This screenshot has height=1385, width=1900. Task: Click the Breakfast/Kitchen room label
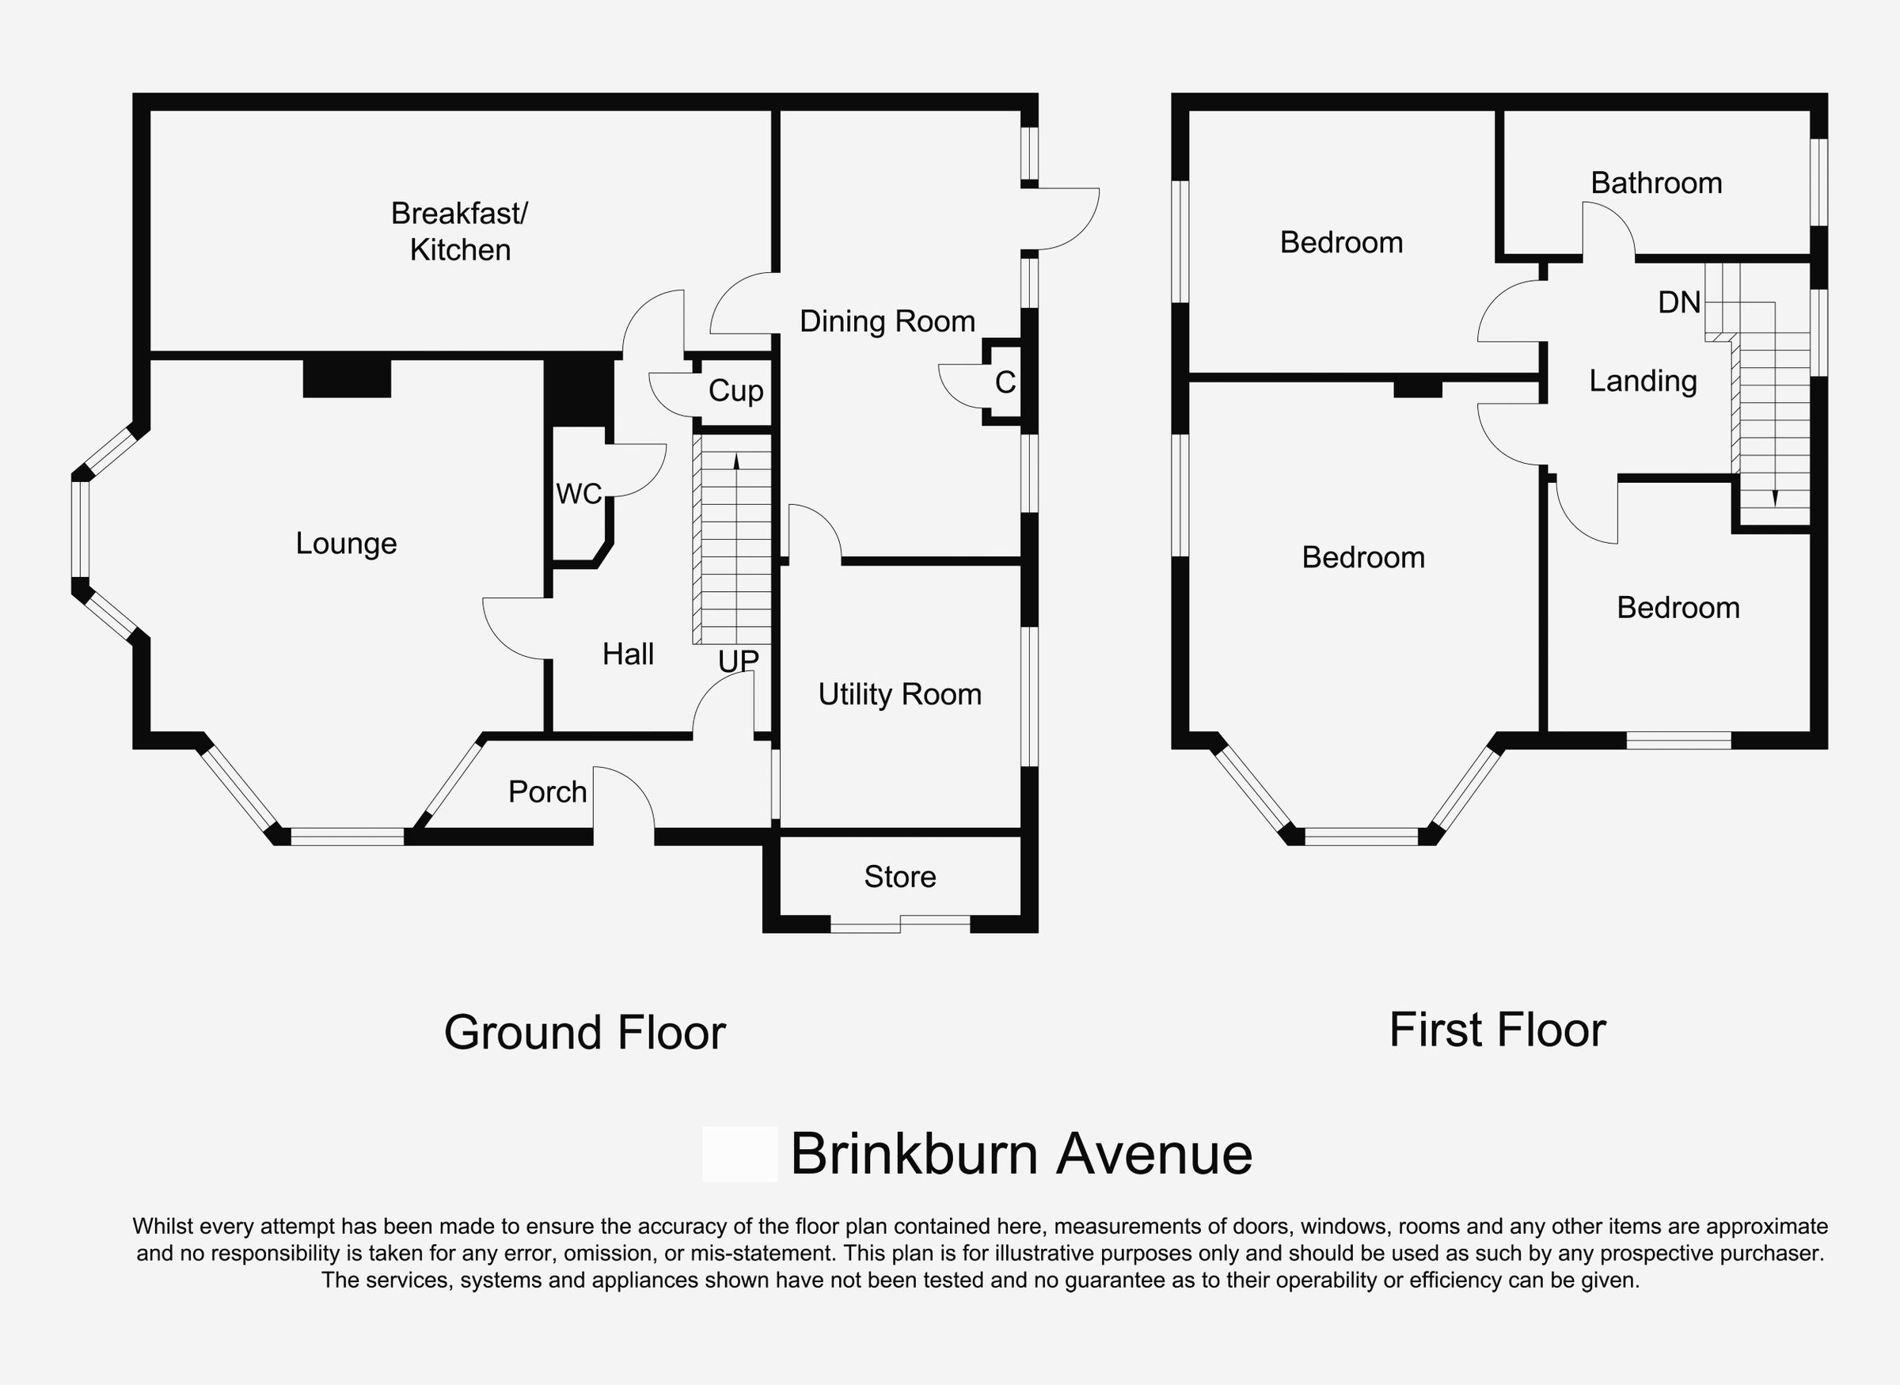click(459, 231)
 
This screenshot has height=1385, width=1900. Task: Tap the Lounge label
click(346, 543)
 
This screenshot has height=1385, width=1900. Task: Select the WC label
click(579, 494)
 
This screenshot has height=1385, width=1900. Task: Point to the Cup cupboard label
click(735, 391)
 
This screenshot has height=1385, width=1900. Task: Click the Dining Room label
click(887, 321)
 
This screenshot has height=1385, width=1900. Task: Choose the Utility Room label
click(899, 694)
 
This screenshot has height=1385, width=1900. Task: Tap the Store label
click(899, 876)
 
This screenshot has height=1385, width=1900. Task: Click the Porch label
click(548, 791)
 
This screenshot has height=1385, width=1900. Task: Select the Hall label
click(628, 654)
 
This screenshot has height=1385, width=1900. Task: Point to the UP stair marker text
click(738, 662)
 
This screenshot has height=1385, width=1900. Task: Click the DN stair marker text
click(1678, 302)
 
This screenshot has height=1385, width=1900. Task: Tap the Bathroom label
click(1656, 183)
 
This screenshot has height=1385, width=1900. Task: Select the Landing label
click(1643, 381)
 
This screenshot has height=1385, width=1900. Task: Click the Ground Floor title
click(584, 1032)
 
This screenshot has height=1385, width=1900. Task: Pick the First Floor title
click(1498, 1030)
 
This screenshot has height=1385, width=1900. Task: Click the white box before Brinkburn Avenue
click(739, 1154)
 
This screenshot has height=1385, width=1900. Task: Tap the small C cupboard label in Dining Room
click(1005, 382)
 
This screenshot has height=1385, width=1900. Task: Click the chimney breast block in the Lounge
click(346, 378)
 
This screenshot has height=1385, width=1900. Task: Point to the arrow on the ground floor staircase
click(736, 461)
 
